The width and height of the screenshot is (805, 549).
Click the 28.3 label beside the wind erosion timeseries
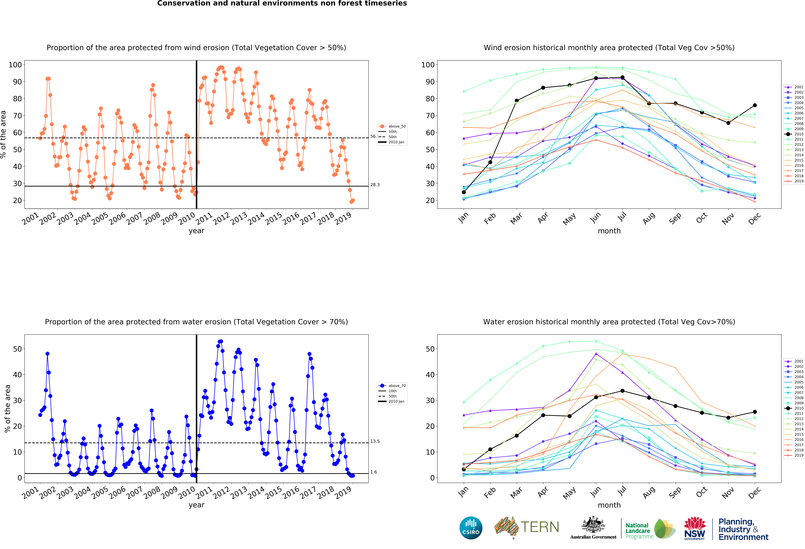point(375,185)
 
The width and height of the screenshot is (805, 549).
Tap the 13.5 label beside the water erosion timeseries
point(375,441)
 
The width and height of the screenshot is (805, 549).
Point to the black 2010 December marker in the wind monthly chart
point(755,105)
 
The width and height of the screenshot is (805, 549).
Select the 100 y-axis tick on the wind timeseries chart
point(15,65)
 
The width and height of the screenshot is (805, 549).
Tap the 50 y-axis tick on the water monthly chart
point(430,349)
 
